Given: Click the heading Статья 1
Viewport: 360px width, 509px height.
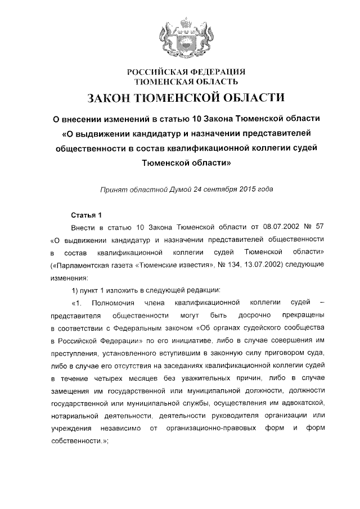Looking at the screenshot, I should click(85, 215).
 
